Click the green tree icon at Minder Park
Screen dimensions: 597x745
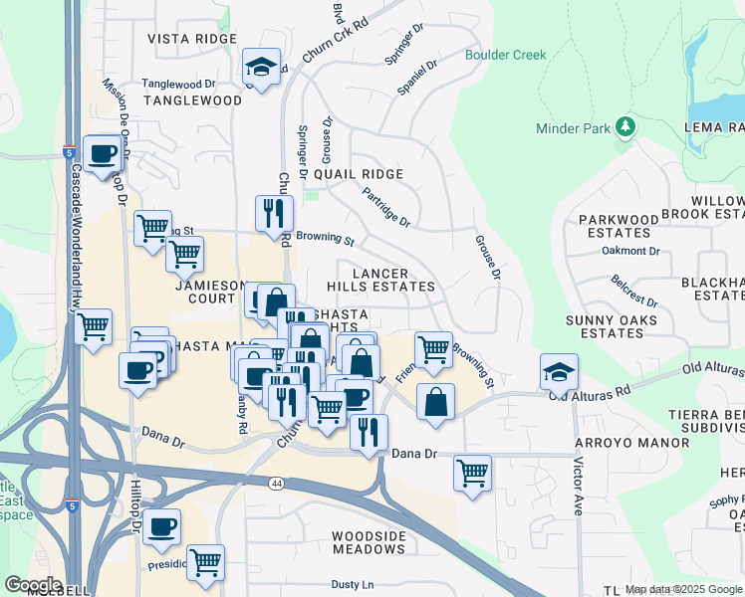625,126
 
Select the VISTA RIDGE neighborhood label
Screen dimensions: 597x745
192,39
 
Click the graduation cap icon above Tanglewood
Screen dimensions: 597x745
262,67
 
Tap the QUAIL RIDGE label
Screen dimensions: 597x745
359,173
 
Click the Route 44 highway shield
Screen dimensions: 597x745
276,482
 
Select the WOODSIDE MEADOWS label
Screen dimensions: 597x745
369,542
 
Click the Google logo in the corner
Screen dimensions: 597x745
34,584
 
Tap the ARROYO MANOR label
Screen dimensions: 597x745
631,442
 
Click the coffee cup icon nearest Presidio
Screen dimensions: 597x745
161,527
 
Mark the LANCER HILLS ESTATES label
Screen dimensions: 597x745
394,279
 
